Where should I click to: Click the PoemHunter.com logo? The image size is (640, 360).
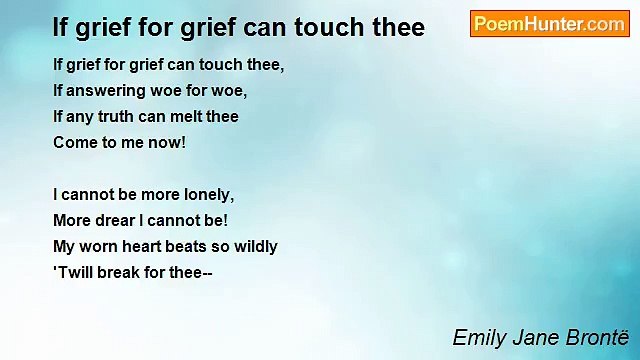549,24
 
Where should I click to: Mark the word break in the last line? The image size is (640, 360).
124,273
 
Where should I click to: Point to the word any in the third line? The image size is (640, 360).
80,117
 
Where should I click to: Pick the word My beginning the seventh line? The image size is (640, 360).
64,247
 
